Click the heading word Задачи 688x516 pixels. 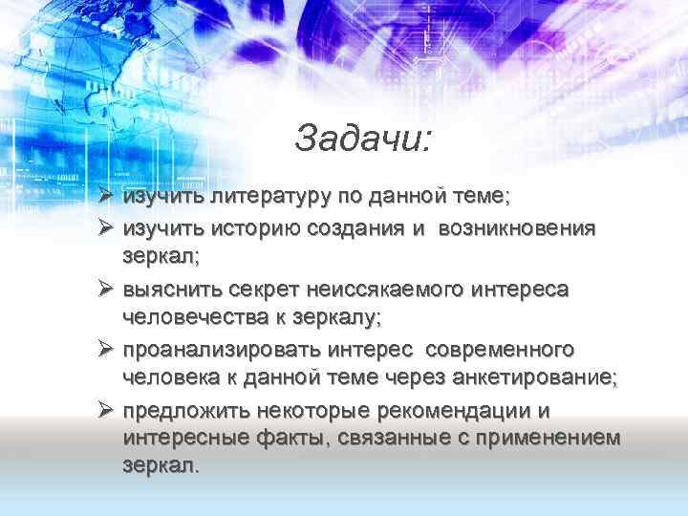click(x=363, y=139)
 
